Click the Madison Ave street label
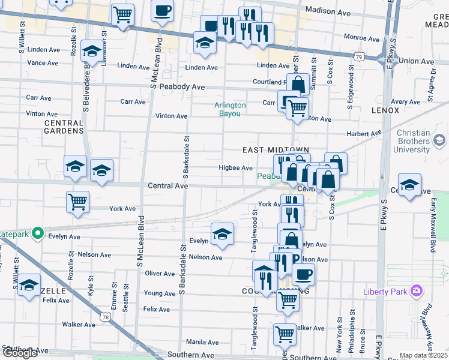point(328,11)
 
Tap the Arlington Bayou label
point(231,109)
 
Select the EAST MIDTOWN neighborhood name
point(276,150)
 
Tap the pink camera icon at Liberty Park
point(417,292)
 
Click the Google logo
point(20,352)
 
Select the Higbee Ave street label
point(235,168)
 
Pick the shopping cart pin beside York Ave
point(78,202)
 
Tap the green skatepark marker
point(38,232)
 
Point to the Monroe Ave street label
point(362,38)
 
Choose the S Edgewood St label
point(351,88)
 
